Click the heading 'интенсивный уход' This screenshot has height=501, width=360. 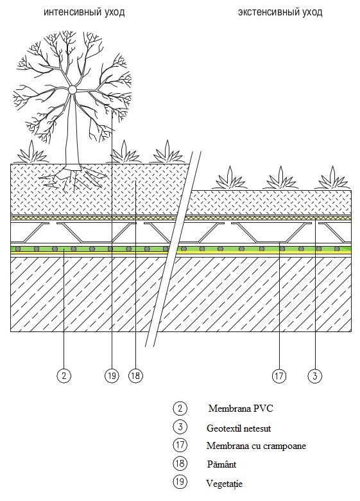tap(84, 12)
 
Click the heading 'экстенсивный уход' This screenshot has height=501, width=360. tap(280, 12)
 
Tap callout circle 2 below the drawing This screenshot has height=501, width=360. tap(64, 376)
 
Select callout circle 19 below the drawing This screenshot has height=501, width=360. tap(112, 376)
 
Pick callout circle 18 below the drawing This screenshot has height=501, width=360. tap(135, 376)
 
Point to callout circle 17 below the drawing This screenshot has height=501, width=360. tap(279, 376)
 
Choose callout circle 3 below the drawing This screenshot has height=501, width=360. tap(315, 376)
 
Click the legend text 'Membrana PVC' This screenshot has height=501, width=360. tap(241, 409)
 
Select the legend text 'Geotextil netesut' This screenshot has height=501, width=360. tap(239, 428)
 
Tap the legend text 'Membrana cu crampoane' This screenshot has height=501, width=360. tap(256, 446)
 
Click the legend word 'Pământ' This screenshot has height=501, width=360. tap(221, 464)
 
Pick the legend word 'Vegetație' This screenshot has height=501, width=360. tap(224, 484)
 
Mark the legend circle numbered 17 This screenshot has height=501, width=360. tap(180, 444)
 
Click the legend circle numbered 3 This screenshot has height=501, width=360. tap(180, 426)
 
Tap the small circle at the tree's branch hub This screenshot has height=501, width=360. tap(73, 90)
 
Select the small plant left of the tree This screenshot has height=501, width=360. tap(31, 152)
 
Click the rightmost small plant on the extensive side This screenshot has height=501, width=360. tap(332, 179)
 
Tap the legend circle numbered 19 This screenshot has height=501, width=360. tap(180, 481)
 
